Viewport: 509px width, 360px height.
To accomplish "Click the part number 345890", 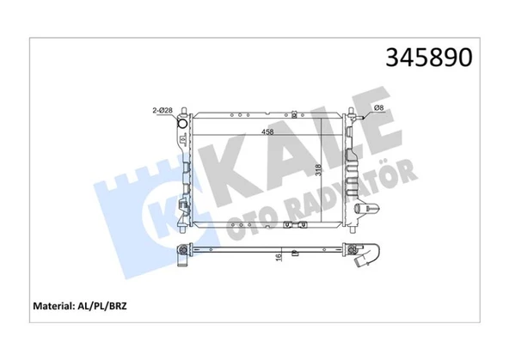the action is click(429, 58).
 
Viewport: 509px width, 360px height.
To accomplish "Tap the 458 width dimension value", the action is click(267, 131).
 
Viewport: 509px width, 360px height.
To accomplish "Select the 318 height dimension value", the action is click(318, 170).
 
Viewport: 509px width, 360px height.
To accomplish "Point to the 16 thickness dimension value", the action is click(279, 258).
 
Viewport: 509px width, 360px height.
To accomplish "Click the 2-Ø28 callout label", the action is click(163, 110).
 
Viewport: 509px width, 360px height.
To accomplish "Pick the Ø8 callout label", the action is click(379, 107).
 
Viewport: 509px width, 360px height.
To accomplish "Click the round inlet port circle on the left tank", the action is click(183, 124).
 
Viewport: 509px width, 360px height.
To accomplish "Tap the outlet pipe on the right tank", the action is click(368, 209).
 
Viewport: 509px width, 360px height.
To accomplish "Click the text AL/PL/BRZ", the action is click(102, 306).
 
